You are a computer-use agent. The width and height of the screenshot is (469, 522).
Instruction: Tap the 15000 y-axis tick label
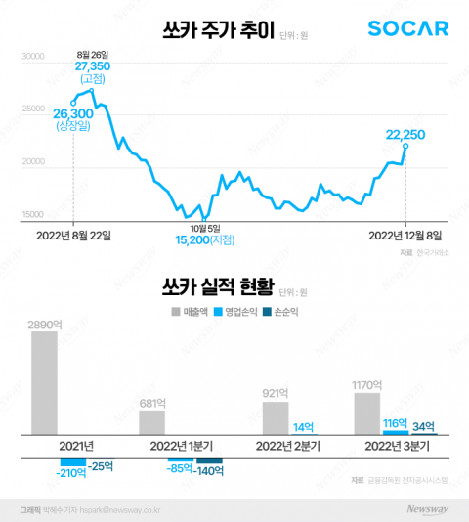point(33,214)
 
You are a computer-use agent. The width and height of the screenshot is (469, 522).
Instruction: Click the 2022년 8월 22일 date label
point(74,235)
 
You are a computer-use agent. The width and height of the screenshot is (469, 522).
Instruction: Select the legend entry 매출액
point(192,312)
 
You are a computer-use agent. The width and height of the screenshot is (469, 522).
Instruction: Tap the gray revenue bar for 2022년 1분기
point(151,422)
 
